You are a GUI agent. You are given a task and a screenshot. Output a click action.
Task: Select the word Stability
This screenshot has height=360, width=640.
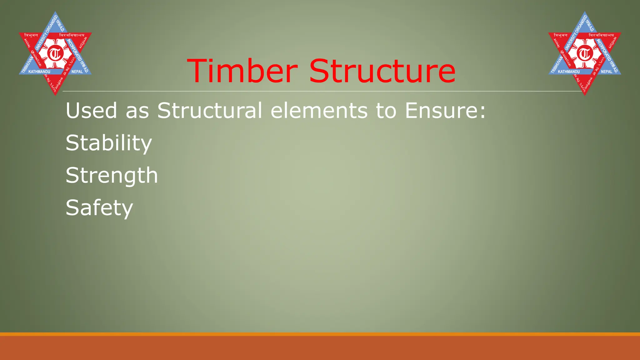pyautogui.click(x=109, y=143)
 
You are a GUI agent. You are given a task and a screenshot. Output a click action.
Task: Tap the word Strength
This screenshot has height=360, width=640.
pyautogui.click(x=112, y=175)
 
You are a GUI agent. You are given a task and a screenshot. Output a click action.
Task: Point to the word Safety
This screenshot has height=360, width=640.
pyautogui.click(x=99, y=208)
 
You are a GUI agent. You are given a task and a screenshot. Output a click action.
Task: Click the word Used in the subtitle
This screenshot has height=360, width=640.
pyautogui.click(x=91, y=111)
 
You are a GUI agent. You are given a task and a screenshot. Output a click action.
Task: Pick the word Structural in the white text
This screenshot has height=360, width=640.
pyautogui.click(x=209, y=111)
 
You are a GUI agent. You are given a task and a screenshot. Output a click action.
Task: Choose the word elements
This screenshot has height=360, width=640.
pyautogui.click(x=319, y=111)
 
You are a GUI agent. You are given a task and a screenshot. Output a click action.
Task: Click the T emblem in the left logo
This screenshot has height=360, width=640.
pyautogui.click(x=55, y=54)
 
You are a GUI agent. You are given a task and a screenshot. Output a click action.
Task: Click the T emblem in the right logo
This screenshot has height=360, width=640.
pyautogui.click(x=585, y=54)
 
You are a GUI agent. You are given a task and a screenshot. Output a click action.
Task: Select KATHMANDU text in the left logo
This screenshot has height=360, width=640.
pyautogui.click(x=39, y=72)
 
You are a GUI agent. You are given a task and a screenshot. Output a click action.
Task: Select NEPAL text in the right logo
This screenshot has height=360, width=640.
pyautogui.click(x=607, y=72)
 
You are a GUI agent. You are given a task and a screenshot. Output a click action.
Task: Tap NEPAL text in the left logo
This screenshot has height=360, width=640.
pyautogui.click(x=77, y=72)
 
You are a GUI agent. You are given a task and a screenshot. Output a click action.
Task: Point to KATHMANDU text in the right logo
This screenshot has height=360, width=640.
pyautogui.click(x=569, y=72)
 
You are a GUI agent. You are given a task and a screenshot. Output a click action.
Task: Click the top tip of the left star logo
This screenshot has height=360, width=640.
pyautogui.click(x=55, y=12)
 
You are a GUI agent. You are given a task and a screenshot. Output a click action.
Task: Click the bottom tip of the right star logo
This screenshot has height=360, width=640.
pyautogui.click(x=585, y=94)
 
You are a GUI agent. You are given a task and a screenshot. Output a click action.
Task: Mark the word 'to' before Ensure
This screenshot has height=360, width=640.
pyautogui.click(x=386, y=111)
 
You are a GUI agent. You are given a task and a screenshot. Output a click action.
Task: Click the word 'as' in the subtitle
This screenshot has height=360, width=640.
pyautogui.click(x=137, y=111)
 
